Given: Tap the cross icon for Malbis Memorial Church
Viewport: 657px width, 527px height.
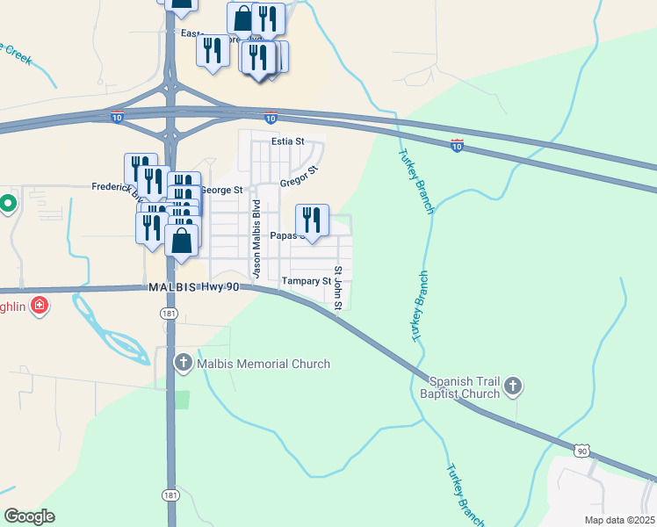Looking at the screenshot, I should pos(183,362).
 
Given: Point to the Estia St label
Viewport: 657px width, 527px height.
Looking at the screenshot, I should pos(287,141).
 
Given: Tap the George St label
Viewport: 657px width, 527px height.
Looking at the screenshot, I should pos(220,190).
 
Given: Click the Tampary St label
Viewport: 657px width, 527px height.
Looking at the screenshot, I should pos(305,281).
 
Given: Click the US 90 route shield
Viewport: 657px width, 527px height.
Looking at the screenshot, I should pos(581,450).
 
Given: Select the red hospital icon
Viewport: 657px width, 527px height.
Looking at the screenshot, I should pos(39,306).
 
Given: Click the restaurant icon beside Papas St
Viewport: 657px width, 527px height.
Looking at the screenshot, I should pos(312,220).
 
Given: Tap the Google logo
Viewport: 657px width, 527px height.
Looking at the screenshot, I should pos(30,516).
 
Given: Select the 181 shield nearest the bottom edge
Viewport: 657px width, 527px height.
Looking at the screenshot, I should pos(170,496).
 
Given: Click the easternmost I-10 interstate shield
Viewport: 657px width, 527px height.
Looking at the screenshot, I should pos(457,146).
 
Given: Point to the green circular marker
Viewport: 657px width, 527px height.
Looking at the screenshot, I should pos(8,204).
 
